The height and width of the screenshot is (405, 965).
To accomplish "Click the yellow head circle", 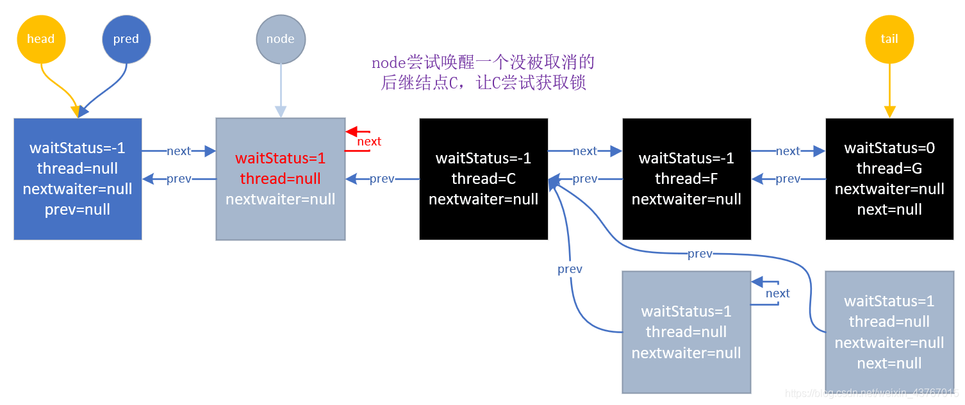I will pyautogui.click(x=40, y=39).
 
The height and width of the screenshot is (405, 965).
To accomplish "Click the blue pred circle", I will pyautogui.click(x=126, y=39).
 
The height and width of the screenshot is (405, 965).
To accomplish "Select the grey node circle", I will pyautogui.click(x=280, y=39).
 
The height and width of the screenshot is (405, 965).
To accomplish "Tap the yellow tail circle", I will pyautogui.click(x=889, y=39).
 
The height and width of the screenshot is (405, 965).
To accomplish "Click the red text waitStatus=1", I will pyautogui.click(x=280, y=158).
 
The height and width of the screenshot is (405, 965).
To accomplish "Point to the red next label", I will pyautogui.click(x=369, y=142).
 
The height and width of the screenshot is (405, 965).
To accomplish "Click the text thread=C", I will pyautogui.click(x=483, y=179).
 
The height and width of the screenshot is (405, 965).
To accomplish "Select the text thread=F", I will pyautogui.click(x=686, y=179).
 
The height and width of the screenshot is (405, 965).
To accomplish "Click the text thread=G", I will pyautogui.click(x=889, y=169).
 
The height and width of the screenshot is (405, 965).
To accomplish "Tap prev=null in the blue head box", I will pyautogui.click(x=78, y=210).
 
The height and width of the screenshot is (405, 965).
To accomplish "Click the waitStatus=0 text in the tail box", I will pyautogui.click(x=889, y=148).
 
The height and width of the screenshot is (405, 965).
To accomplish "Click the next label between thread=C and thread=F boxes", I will pyautogui.click(x=585, y=151).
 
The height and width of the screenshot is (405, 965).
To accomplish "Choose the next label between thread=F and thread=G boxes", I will pyautogui.click(x=788, y=151).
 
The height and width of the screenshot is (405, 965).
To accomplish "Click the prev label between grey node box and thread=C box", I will pyautogui.click(x=382, y=179).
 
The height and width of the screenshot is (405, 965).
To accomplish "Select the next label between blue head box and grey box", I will pyautogui.click(x=179, y=151).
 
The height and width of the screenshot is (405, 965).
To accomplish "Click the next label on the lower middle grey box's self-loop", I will pyautogui.click(x=777, y=293).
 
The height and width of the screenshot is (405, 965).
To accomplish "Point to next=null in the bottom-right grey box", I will pyautogui.click(x=889, y=363).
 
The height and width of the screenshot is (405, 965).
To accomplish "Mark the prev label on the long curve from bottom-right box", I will pyautogui.click(x=700, y=254).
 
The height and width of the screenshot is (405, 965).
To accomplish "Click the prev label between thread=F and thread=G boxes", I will pyautogui.click(x=788, y=179).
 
